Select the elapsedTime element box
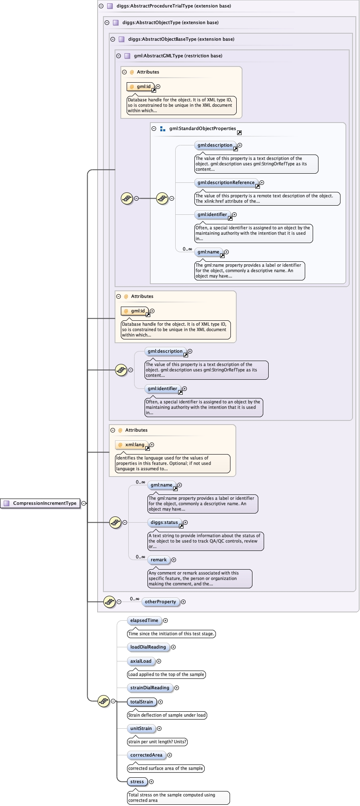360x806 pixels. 144,620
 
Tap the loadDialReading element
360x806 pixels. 148,647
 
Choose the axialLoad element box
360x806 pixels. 141,661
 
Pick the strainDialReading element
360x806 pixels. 149,688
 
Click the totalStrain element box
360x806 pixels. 142,702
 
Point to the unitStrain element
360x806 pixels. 141,728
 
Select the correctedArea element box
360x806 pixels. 146,755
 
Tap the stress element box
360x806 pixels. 137,781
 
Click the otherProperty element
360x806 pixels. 160,602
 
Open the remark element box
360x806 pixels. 159,560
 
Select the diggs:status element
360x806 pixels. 164,522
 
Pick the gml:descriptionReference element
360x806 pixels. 226,182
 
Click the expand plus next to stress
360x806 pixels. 152,781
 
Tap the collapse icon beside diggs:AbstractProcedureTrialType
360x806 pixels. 101,6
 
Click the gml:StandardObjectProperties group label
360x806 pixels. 202,128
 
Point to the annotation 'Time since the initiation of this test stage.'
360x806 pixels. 171,634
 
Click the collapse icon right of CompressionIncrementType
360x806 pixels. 84,503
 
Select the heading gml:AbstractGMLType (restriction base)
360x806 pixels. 178,56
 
